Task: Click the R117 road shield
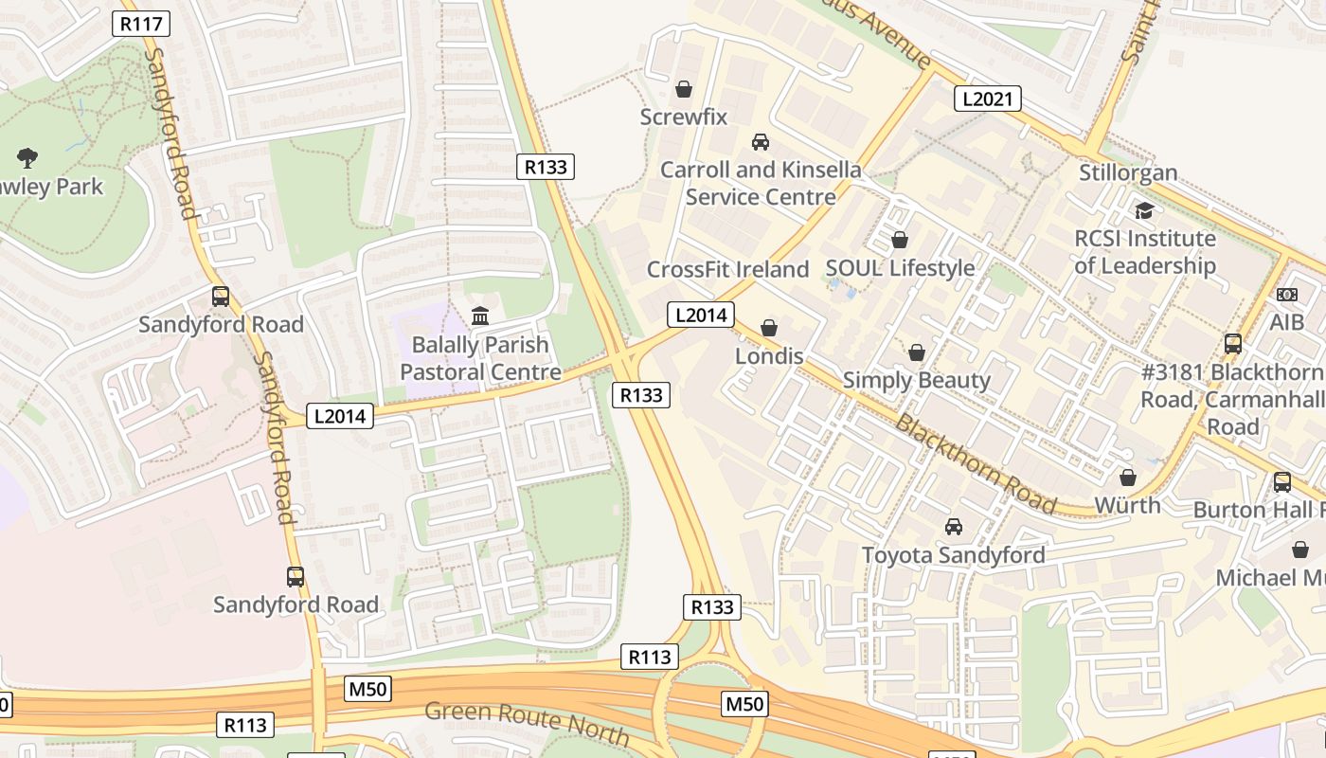point(141,24)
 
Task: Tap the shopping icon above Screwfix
point(683,90)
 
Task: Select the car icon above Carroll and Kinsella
point(760,142)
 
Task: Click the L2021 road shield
point(987,99)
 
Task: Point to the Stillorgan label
point(1128,172)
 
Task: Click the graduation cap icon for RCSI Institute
point(1144,210)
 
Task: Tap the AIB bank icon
point(1286,295)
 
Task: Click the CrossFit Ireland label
point(727,269)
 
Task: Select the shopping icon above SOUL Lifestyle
point(900,240)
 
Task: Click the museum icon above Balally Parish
point(480,316)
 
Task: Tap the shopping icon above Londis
point(769,328)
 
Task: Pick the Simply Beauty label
point(916,380)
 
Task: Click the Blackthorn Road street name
point(975,464)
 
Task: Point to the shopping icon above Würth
point(1127,478)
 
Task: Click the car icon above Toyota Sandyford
point(954,527)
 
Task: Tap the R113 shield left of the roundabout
point(650,657)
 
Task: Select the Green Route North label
point(527,723)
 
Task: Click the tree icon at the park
point(27,158)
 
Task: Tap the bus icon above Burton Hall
point(1281,481)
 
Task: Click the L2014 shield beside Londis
point(700,315)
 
